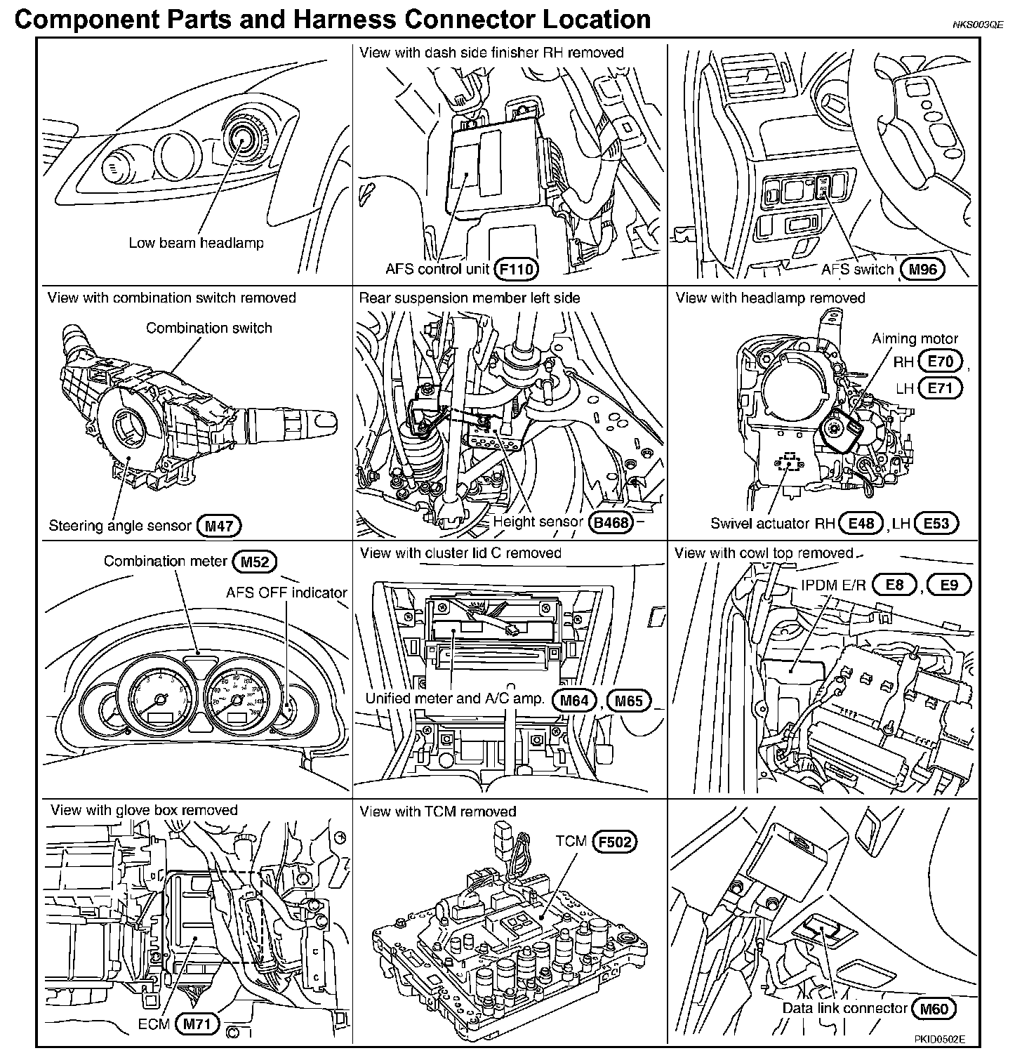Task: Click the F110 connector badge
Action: [517, 268]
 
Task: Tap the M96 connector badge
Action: [922, 269]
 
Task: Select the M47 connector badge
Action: [219, 525]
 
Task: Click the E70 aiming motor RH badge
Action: [941, 362]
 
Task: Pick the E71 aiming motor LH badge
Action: [941, 388]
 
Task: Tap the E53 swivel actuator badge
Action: [936, 523]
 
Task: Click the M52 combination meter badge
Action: [254, 561]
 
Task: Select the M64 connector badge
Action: [574, 700]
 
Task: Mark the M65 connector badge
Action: [629, 700]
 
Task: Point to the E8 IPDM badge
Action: [895, 585]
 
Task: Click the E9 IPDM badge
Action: [948, 585]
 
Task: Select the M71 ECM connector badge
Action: [197, 1024]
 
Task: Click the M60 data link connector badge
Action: [934, 1009]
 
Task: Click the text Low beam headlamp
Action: [196, 243]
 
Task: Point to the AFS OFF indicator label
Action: [286, 592]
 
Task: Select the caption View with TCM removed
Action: [438, 812]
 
